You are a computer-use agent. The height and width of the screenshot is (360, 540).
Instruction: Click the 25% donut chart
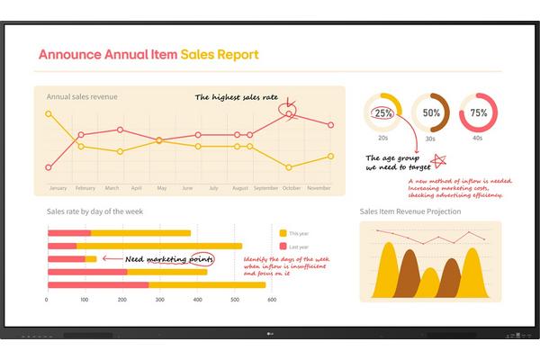(x=382, y=113)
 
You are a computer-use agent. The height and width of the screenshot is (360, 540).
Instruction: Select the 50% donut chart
(x=431, y=113)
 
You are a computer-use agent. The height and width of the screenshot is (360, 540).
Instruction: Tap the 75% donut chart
(x=479, y=113)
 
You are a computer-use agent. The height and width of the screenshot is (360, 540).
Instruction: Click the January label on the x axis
(x=58, y=188)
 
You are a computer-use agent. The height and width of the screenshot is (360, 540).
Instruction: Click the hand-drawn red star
(x=440, y=160)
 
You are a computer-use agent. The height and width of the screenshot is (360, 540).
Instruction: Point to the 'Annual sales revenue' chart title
(x=82, y=96)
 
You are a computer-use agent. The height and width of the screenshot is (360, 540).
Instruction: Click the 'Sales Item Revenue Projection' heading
(x=410, y=211)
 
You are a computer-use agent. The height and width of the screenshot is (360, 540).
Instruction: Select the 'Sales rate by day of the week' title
(x=94, y=211)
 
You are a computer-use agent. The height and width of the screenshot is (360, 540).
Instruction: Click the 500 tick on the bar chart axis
(x=235, y=300)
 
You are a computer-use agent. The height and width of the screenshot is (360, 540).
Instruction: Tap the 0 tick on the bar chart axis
(x=47, y=300)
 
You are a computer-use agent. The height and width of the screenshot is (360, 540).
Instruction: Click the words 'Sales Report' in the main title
(x=220, y=54)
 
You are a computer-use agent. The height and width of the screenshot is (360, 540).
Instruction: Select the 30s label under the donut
(x=431, y=139)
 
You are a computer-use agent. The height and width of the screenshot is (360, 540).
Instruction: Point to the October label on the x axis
(x=291, y=188)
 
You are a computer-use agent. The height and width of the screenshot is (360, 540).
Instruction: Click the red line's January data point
(x=49, y=167)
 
